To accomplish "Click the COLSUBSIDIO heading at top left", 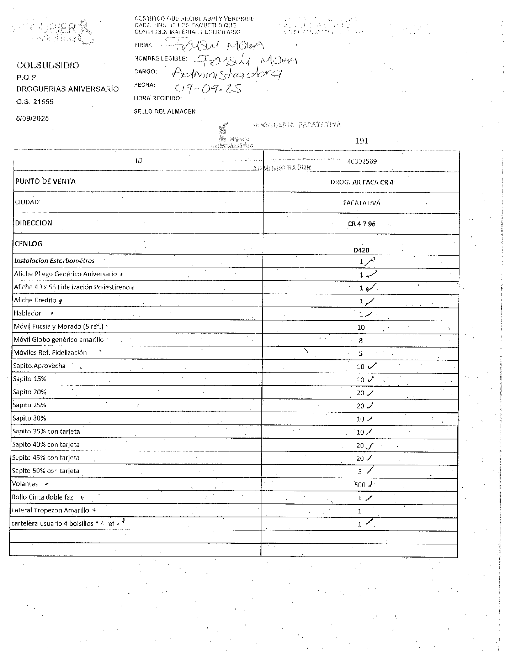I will tap(48, 65).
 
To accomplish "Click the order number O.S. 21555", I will tap(35, 101).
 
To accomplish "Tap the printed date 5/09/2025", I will tap(32, 118).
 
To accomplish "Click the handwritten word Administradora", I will tap(227, 73).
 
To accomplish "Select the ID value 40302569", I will tap(362, 161).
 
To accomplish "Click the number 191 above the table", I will tap(362, 141).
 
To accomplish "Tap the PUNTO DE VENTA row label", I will tap(46, 181).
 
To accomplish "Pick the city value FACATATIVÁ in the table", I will tap(362, 203).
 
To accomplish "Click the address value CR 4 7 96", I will tap(362, 224).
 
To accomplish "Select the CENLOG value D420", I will tap(362, 250).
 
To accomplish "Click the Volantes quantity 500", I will tap(360, 485).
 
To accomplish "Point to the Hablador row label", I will tap(27, 313).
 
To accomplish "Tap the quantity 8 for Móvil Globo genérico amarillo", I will tap(361, 340).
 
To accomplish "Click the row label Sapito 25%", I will tap(30, 405).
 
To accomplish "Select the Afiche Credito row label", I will tap(35, 300).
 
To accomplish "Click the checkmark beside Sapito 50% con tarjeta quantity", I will tap(370, 470).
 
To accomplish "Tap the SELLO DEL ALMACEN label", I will tap(165, 111).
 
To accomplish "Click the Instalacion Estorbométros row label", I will tap(54, 261).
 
